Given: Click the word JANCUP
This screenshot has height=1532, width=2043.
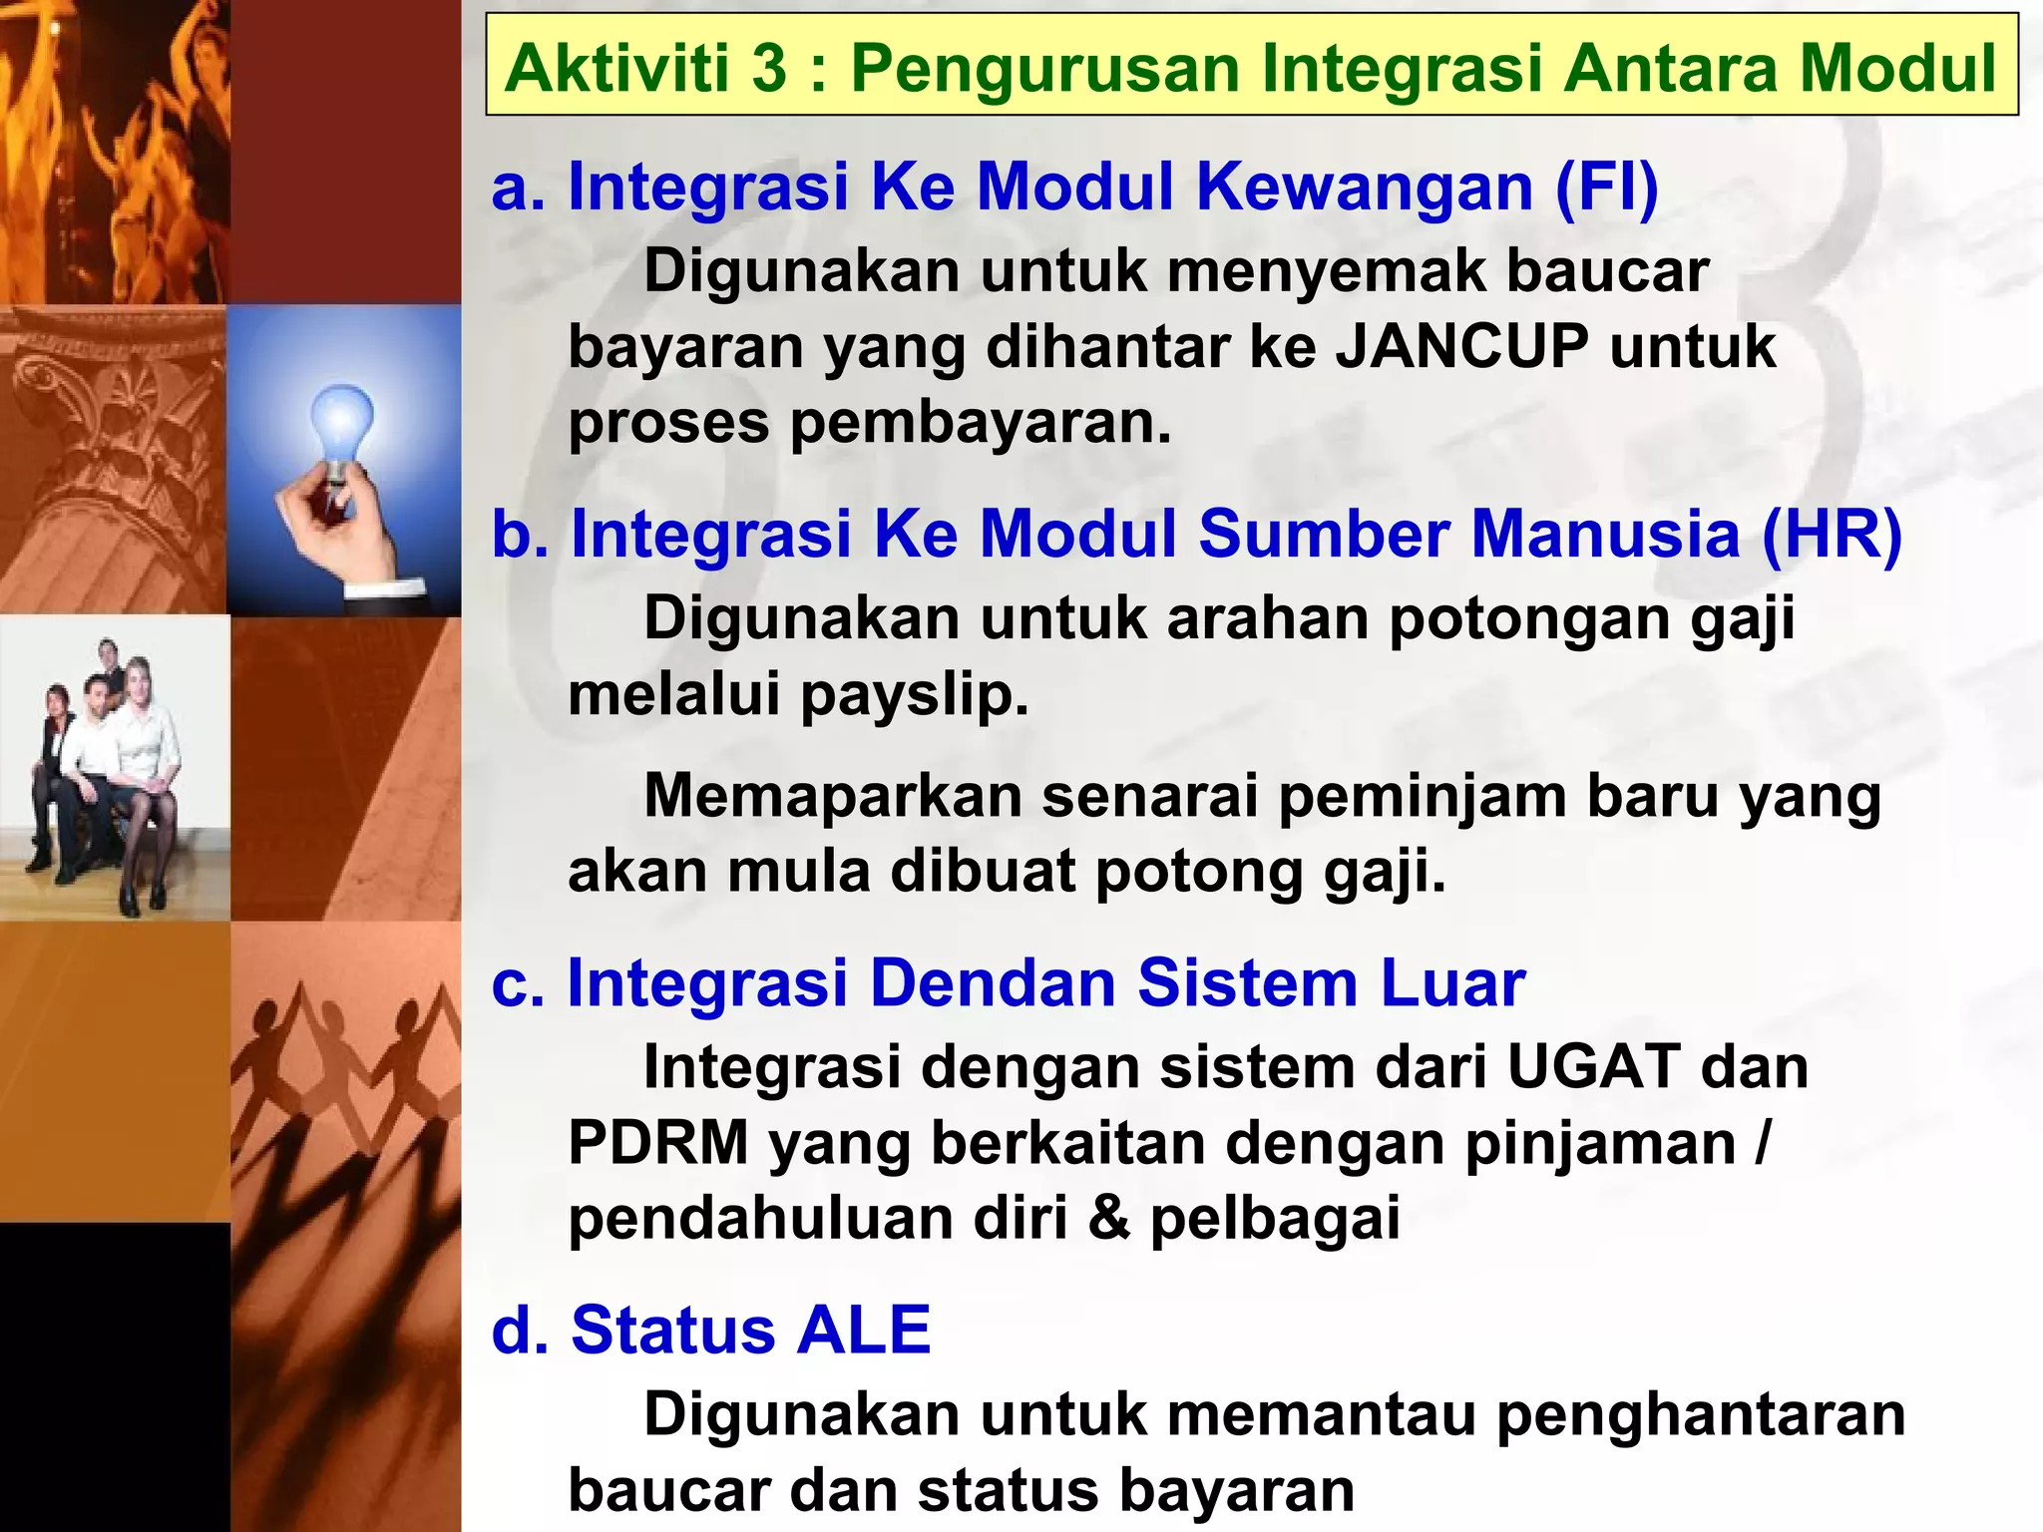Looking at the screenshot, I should (1461, 346).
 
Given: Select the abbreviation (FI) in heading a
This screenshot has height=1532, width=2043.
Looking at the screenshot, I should (1607, 187).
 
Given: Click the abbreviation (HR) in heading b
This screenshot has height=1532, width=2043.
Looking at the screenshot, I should (1832, 534).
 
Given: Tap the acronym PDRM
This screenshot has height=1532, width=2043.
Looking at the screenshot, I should (658, 1142).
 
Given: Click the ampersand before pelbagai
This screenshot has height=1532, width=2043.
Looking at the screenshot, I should (1109, 1218).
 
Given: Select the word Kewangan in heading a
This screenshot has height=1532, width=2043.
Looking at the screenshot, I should (1364, 187).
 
